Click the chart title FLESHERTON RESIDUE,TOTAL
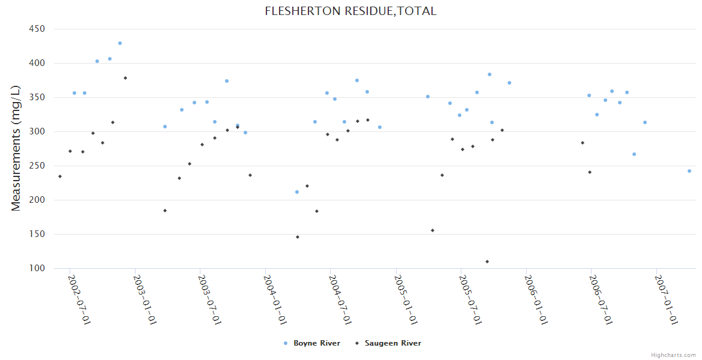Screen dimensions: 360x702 click(x=350, y=11)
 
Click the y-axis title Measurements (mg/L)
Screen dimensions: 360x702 click(x=16, y=148)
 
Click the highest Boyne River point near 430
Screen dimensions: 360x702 click(x=120, y=43)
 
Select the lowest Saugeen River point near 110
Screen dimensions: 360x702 click(x=487, y=262)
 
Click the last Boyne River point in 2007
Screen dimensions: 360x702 click(x=689, y=171)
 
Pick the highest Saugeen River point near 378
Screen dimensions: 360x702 click(x=125, y=78)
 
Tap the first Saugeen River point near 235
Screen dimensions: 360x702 click(x=60, y=176)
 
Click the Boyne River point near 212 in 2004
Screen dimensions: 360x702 click(x=297, y=192)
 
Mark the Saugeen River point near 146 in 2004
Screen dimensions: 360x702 click(x=298, y=237)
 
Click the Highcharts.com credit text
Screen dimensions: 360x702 click(x=673, y=355)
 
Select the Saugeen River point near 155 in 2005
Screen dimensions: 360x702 click(x=433, y=230)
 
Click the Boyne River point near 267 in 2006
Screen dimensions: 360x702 click(x=634, y=154)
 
